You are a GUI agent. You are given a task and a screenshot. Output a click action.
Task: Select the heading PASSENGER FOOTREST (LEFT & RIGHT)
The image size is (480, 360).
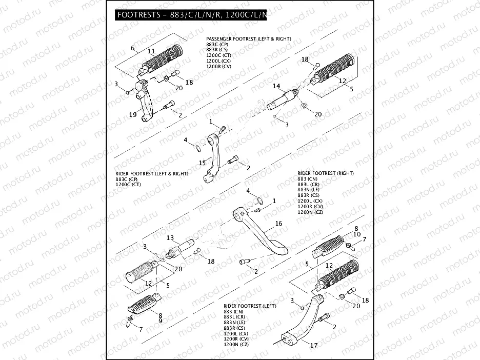[248, 39]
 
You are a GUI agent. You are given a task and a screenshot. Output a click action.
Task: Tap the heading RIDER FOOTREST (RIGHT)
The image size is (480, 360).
[325, 173]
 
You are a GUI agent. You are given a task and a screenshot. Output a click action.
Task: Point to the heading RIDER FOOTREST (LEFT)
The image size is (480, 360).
[250, 306]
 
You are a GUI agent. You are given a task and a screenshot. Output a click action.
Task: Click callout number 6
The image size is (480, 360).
[132, 48]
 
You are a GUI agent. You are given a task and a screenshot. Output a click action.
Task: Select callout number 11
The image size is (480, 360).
[151, 51]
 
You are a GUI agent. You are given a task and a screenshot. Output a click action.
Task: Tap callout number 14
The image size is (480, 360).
[276, 86]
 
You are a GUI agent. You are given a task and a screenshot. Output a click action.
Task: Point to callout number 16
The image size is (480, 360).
[278, 224]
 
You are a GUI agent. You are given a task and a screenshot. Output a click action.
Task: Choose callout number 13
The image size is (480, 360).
[170, 237]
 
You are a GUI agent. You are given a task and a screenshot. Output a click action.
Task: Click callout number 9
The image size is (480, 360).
[160, 321]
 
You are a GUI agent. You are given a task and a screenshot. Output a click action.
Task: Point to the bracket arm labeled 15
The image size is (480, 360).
[213, 159]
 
